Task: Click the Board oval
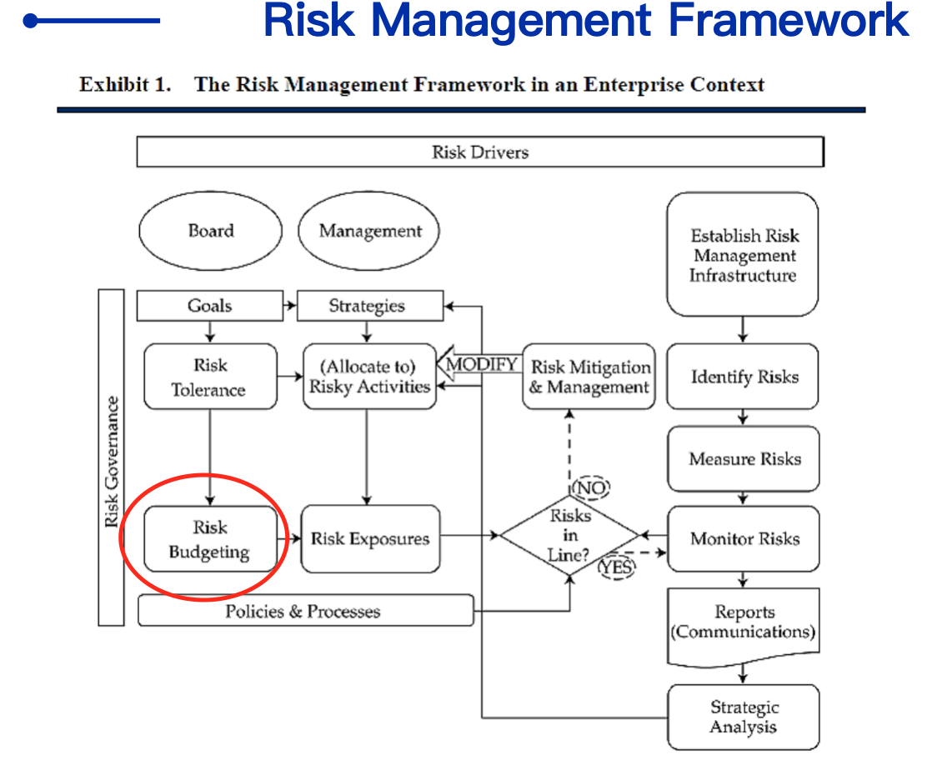tap(210, 231)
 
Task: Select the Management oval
tap(369, 231)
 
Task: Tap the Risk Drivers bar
tap(480, 152)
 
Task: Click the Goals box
tap(210, 306)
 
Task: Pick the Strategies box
tap(369, 306)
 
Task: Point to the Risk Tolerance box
tap(210, 377)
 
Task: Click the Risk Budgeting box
tap(210, 539)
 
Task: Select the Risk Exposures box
tap(370, 539)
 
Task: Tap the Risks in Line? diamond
tap(569, 535)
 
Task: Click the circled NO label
tap(591, 487)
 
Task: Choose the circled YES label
tap(616, 567)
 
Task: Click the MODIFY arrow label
tap(481, 363)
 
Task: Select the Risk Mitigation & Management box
tap(589, 377)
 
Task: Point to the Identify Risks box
tap(743, 377)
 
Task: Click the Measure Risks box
tap(744, 458)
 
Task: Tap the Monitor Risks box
tap(744, 539)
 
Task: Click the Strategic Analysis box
tap(744, 717)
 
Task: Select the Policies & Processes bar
tap(305, 611)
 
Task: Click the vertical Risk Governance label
tap(112, 462)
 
